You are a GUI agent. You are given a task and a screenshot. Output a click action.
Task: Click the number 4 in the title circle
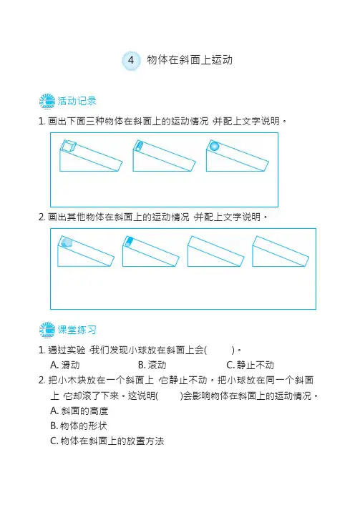131,60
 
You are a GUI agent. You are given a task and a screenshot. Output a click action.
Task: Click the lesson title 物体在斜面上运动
190,60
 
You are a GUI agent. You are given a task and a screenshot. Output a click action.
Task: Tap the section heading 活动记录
77,101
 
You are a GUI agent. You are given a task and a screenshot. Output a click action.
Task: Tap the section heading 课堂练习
77,330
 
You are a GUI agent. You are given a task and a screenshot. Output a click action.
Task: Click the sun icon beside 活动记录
47,102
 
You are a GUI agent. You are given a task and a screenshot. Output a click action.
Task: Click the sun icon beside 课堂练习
47,330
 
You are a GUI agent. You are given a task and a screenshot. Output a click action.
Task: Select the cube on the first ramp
69,146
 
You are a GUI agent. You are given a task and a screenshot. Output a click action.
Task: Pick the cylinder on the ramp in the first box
138,145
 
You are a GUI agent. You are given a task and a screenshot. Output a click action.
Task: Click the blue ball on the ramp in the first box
214,147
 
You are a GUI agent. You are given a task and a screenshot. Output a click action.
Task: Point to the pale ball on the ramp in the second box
67,242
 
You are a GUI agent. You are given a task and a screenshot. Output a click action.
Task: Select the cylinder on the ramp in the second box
129,241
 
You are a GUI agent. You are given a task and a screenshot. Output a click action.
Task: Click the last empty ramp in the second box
281,251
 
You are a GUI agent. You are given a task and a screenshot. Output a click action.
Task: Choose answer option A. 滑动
65,366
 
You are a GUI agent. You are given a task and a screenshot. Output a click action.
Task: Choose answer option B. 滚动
152,366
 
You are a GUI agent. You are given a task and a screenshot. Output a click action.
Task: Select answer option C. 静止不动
250,366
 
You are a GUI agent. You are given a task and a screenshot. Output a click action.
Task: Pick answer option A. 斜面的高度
79,411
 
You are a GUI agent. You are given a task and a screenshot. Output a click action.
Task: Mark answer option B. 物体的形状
79,426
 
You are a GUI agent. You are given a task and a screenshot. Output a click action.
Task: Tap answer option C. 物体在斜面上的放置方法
107,441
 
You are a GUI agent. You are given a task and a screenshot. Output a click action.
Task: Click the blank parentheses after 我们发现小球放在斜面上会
220,350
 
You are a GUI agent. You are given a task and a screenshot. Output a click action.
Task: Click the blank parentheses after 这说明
169,396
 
